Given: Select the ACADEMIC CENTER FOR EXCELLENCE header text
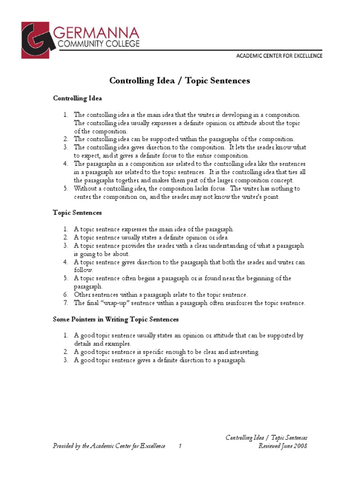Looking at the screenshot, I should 279,56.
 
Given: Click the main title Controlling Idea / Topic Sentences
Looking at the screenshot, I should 180,81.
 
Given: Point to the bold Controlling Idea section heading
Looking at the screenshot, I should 77,98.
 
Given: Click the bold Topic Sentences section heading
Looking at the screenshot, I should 77,212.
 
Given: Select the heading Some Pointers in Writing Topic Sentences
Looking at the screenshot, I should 115,319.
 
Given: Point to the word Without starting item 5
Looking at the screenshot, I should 85,188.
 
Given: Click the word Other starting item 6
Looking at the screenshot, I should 81,295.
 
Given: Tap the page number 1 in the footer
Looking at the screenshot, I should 180,446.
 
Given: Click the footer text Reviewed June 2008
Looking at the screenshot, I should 283,446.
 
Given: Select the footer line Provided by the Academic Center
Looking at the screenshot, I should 109,446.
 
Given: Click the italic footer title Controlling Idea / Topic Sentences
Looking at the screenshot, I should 266,438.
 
